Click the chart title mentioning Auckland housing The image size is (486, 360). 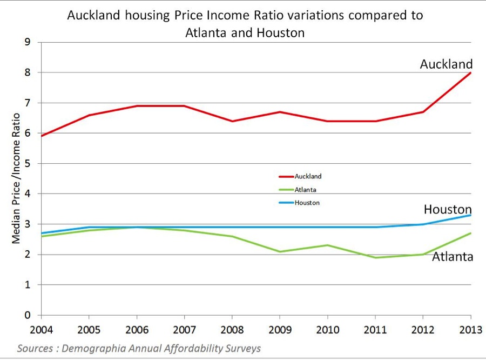[x=245, y=23]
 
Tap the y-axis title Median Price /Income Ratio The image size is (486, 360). [x=16, y=178]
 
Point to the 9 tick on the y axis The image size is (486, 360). [x=29, y=42]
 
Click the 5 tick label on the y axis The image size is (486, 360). [x=29, y=163]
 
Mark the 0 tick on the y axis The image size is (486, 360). [x=29, y=315]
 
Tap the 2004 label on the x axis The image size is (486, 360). [x=41, y=329]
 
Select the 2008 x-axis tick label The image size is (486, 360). [x=232, y=329]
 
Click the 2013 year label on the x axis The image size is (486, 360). [x=470, y=329]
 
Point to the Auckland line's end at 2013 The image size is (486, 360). [x=471, y=72]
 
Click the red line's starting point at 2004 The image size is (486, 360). [x=42, y=136]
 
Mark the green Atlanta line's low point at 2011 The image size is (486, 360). [x=375, y=257]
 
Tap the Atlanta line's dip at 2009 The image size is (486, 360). [x=280, y=251]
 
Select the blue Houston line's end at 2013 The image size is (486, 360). [x=471, y=215]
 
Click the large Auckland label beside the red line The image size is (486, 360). [x=446, y=64]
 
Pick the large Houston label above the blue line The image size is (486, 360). [x=448, y=209]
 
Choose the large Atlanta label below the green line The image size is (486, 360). [x=453, y=257]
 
